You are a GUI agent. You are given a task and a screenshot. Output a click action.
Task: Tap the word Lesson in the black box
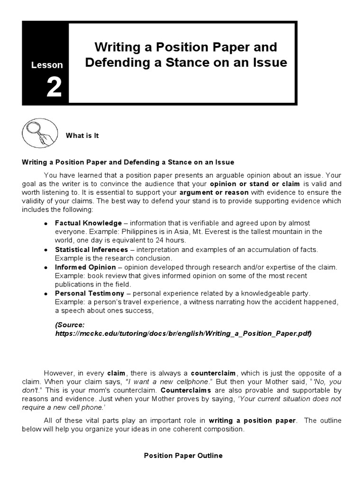coord(46,65)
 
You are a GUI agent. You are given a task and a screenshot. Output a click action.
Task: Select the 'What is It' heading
coord(82,135)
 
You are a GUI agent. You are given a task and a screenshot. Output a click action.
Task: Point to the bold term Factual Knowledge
coord(88,223)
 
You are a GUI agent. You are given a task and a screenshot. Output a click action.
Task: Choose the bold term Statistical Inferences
coord(91,250)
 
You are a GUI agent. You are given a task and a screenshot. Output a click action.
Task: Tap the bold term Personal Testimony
coord(90,294)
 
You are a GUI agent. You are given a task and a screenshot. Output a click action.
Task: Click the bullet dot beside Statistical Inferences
coord(45,250)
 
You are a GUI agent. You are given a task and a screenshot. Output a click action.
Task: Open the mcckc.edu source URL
coord(183,333)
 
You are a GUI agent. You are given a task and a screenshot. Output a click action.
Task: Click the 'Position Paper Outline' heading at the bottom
coord(183,456)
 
